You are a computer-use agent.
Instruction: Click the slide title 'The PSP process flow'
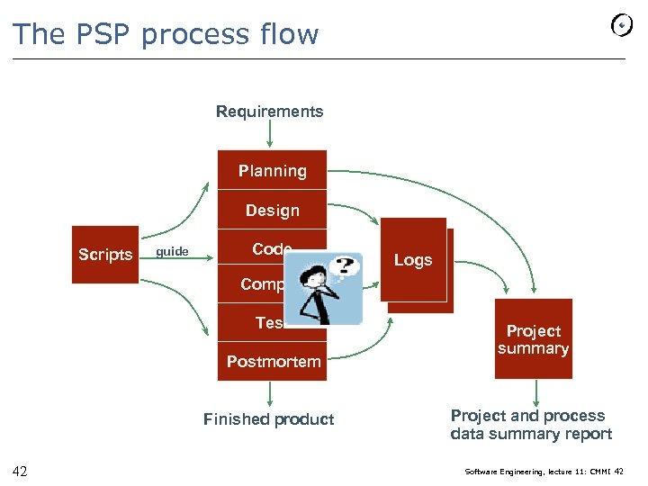click(x=166, y=34)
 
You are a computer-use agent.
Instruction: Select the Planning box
click(x=272, y=170)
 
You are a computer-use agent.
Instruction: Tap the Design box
click(x=272, y=210)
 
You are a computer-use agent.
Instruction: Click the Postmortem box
click(x=272, y=361)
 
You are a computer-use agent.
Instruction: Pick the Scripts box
click(x=105, y=255)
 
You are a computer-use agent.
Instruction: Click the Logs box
click(x=413, y=260)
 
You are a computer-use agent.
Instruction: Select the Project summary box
click(x=533, y=339)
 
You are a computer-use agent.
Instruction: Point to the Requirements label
click(x=269, y=112)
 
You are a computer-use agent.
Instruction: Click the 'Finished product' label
click(x=268, y=418)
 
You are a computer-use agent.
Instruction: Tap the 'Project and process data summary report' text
click(x=531, y=425)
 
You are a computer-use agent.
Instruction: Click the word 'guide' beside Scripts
click(x=172, y=252)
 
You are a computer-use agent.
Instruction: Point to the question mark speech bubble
click(x=343, y=265)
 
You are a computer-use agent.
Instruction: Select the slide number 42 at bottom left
click(x=20, y=471)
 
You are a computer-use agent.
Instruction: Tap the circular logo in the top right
click(x=622, y=26)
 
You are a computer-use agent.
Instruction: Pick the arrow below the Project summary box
click(x=535, y=392)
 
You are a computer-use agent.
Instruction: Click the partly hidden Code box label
click(x=271, y=249)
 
